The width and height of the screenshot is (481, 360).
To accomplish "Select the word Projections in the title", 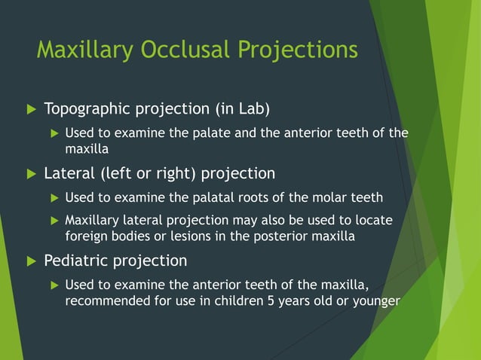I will click(x=298, y=50).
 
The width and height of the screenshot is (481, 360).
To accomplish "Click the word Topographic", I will click(x=88, y=109).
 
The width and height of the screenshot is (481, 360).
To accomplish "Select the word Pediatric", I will click(x=75, y=261).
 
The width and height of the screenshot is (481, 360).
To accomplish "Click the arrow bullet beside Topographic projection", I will click(x=31, y=110).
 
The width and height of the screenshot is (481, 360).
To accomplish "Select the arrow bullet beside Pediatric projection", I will click(x=31, y=261).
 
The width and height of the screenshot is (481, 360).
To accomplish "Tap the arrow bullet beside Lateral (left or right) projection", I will click(x=31, y=174).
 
